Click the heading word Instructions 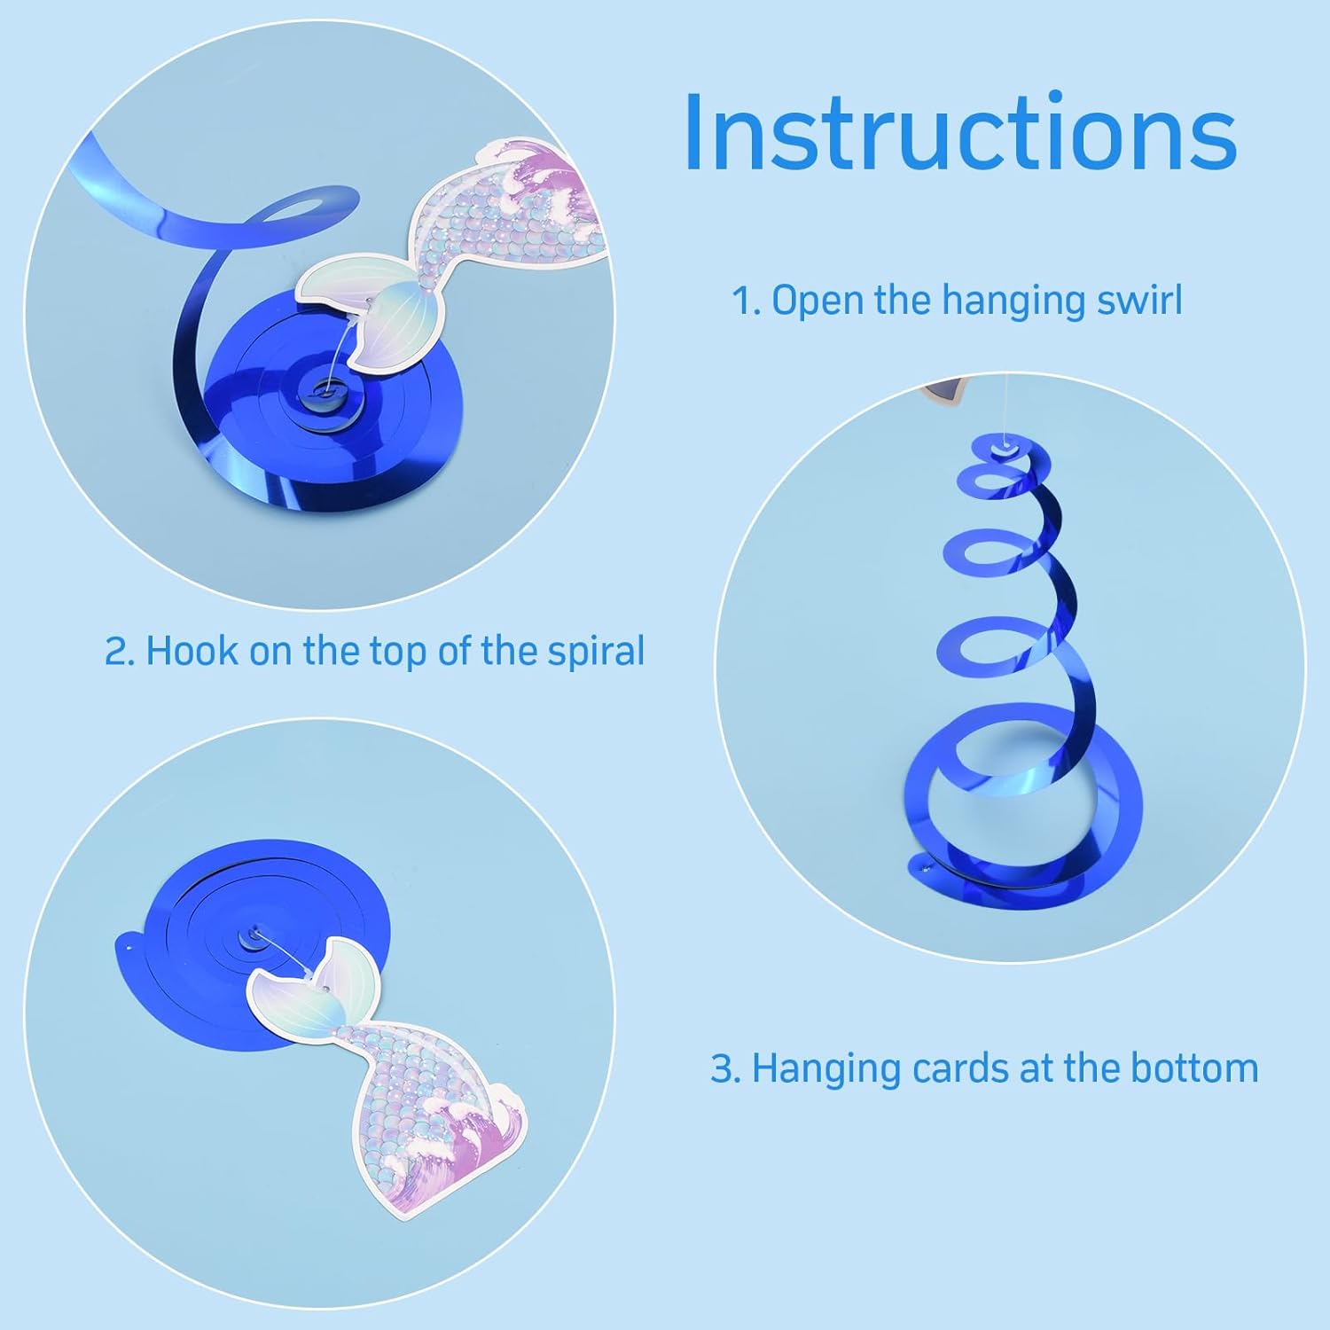point(960,132)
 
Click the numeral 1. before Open point(747,301)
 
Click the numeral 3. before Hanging point(726,1068)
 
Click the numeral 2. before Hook point(121,652)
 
